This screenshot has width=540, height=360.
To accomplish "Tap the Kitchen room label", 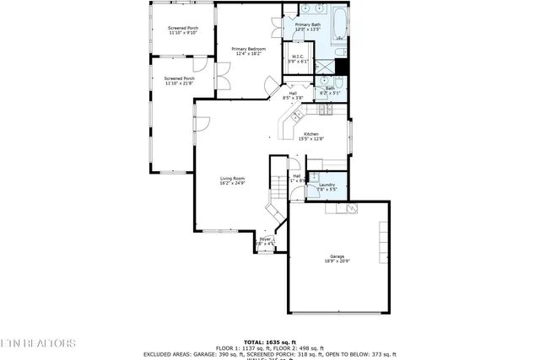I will coord(312,137).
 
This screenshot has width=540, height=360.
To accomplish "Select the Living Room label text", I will coord(232,180).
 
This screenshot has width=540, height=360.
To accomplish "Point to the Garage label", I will coord(337,258).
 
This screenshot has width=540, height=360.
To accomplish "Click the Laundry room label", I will coord(327,186).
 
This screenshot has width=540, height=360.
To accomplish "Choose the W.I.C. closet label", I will coord(299,59).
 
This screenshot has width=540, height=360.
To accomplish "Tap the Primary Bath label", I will coord(307,27).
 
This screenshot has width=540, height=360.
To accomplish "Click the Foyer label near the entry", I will coord(267,241).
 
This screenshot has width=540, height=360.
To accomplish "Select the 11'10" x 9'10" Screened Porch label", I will coord(183,30).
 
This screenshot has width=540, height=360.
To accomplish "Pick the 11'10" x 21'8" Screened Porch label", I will coord(179,81).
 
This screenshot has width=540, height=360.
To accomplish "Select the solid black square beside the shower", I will coord(341,67).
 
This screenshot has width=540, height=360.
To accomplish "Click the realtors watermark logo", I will coord(38,343).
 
